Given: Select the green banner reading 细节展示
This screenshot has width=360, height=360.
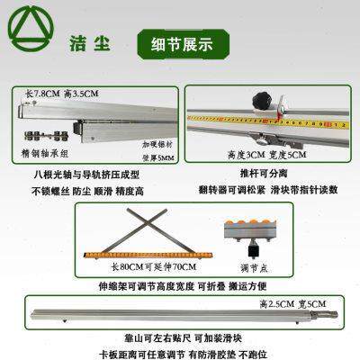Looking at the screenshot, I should pyautogui.click(x=174, y=42).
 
